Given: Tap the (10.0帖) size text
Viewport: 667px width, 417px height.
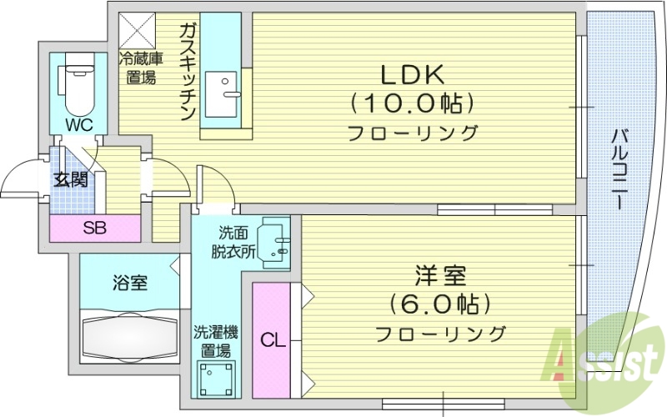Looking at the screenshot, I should [x=412, y=103].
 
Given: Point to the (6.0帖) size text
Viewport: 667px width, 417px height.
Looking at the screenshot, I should [x=439, y=303].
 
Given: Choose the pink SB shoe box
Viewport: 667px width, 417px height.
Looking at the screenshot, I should [x=94, y=229].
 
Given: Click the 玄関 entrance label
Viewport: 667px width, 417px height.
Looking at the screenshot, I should [x=71, y=179].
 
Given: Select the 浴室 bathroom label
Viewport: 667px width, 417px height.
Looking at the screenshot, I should [x=129, y=282].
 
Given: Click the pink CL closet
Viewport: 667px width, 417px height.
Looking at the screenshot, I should [x=272, y=339].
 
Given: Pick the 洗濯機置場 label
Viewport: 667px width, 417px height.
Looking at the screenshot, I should [x=216, y=339].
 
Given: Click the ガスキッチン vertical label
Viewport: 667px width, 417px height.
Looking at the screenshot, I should [x=187, y=73].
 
